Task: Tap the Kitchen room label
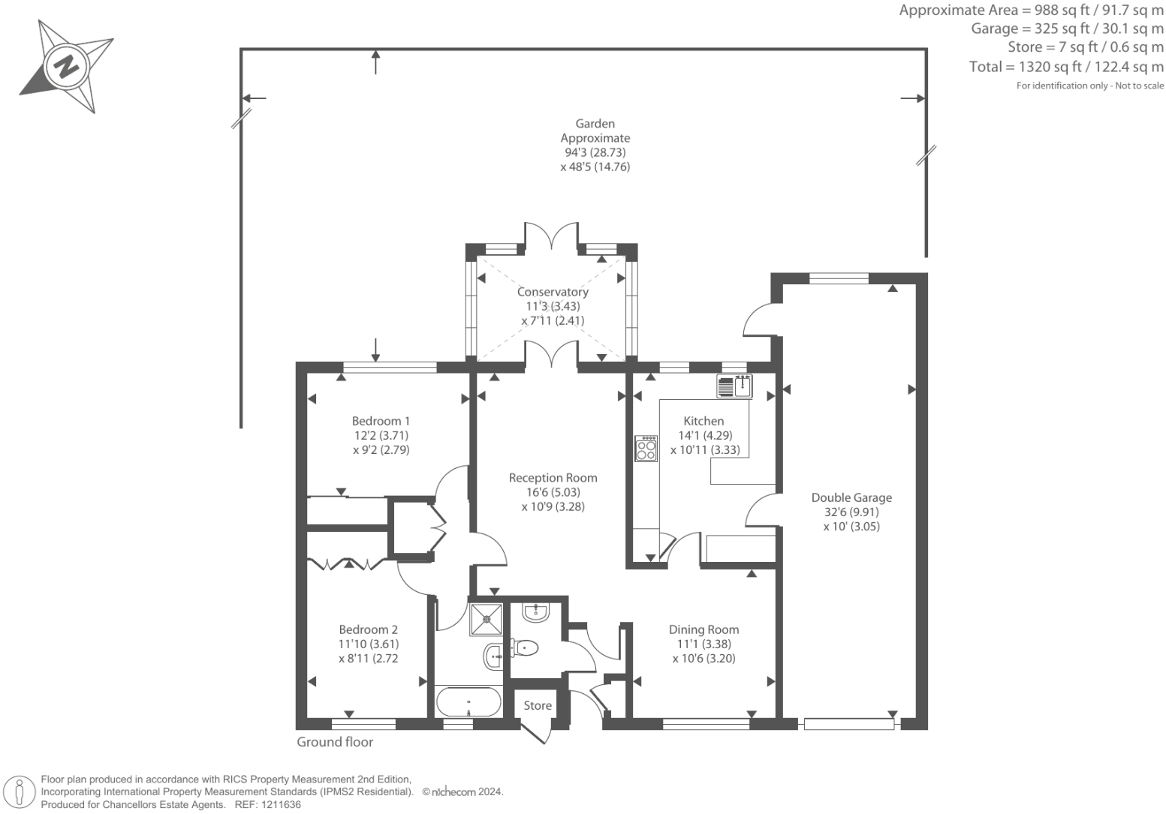click(704, 421)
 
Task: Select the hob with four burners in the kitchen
click(646, 449)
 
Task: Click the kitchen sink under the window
click(734, 386)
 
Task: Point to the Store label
click(538, 705)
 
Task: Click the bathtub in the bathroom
click(469, 703)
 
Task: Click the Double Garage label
click(851, 497)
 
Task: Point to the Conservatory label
click(553, 292)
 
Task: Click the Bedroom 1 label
click(381, 421)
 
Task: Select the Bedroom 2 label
click(368, 629)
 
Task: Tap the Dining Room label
click(704, 629)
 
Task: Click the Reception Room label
click(553, 478)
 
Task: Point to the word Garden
click(595, 124)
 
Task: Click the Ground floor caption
click(335, 742)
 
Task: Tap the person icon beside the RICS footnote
click(20, 792)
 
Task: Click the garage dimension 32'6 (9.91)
click(851, 512)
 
